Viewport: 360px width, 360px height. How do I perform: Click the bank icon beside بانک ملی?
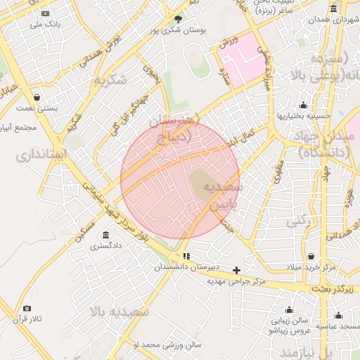point(46,13)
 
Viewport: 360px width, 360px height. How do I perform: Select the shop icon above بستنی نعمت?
point(37,97)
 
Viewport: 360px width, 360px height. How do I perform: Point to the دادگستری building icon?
point(105,235)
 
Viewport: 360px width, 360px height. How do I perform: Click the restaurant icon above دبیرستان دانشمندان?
point(186,257)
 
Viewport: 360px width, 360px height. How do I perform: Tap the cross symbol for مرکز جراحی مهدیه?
point(237,270)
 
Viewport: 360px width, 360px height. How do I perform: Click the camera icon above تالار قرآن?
point(27,308)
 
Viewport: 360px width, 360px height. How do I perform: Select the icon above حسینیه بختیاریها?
point(304,105)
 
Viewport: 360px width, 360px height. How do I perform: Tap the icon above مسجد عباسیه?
point(339,315)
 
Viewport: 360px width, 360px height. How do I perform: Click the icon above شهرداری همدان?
point(333,8)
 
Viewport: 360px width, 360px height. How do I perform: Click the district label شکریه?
point(113,79)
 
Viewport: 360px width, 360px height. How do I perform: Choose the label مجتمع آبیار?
point(18,128)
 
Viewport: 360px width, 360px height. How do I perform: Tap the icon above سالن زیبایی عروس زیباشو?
point(289,309)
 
